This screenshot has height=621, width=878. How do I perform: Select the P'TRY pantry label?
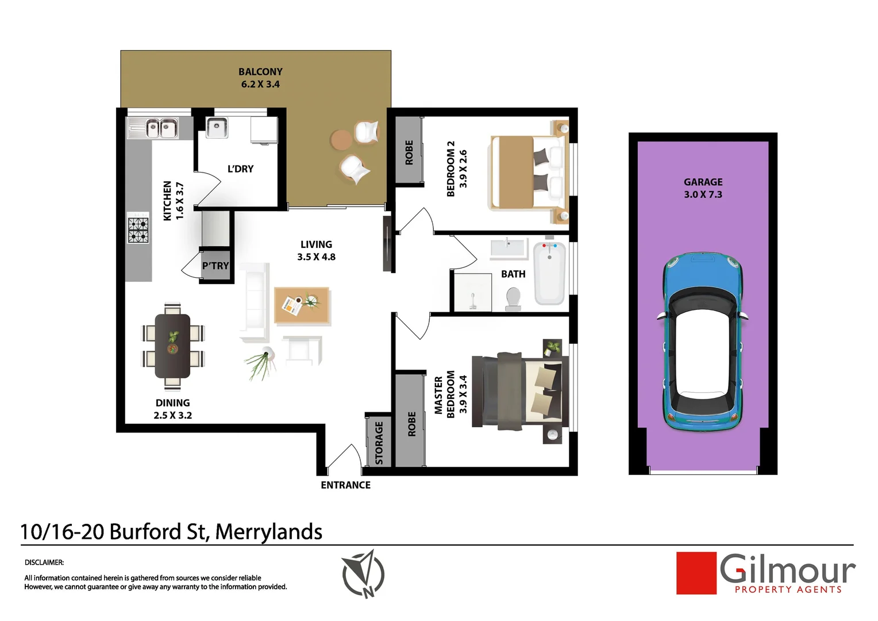pyautogui.click(x=215, y=266)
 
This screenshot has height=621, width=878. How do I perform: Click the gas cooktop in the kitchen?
pyautogui.click(x=138, y=230)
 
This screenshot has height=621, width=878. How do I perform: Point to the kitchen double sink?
pyautogui.click(x=160, y=128)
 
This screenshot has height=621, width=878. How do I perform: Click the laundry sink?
pyautogui.click(x=217, y=128)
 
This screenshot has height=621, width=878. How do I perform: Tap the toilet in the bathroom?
pyautogui.click(x=513, y=298)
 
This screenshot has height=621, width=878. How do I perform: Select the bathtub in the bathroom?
pyautogui.click(x=549, y=274)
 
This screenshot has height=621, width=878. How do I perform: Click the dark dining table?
pyautogui.click(x=172, y=345)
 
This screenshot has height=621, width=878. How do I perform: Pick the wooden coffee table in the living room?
pyautogui.click(x=302, y=305)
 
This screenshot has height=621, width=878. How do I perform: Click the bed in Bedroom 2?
pyautogui.click(x=526, y=171)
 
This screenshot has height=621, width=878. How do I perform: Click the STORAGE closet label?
pyautogui.click(x=379, y=443)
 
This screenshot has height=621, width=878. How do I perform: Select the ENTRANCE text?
pyautogui.click(x=345, y=485)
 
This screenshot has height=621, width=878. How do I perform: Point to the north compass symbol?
pyautogui.click(x=363, y=574)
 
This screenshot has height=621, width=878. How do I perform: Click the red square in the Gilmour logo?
pyautogui.click(x=696, y=573)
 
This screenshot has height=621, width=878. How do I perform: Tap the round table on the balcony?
pyautogui.click(x=341, y=139)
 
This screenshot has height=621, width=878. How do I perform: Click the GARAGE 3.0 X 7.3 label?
pyautogui.click(x=703, y=188)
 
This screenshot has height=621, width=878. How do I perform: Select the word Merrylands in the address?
pyautogui.click(x=268, y=532)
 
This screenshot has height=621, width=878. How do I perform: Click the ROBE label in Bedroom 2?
pyautogui.click(x=409, y=152)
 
